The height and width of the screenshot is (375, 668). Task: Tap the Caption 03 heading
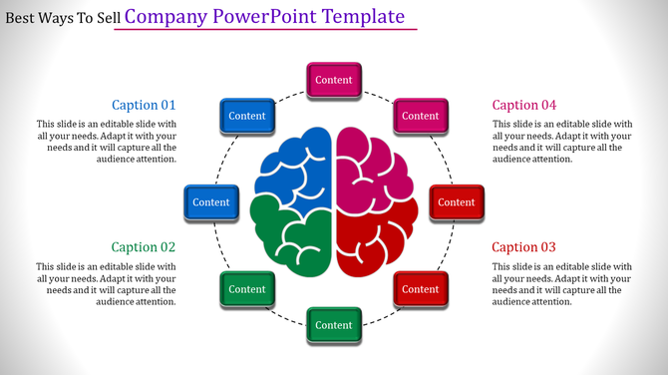pos(524,247)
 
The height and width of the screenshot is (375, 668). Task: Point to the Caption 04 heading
pos(524,105)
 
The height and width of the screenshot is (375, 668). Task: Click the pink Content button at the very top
pos(334,80)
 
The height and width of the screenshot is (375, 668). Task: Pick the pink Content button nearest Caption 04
pos(420,116)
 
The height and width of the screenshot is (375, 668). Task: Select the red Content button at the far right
pos(457,202)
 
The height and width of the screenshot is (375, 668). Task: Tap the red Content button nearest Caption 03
pos(420,289)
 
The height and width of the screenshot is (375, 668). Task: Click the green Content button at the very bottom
pos(334,325)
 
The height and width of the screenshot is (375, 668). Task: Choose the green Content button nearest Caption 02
pos(247,289)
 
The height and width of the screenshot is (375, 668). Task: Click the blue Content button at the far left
pos(211,202)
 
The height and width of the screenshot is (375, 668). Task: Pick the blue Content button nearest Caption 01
pos(247,116)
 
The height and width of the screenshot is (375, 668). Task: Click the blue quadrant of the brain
pos(297,165)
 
